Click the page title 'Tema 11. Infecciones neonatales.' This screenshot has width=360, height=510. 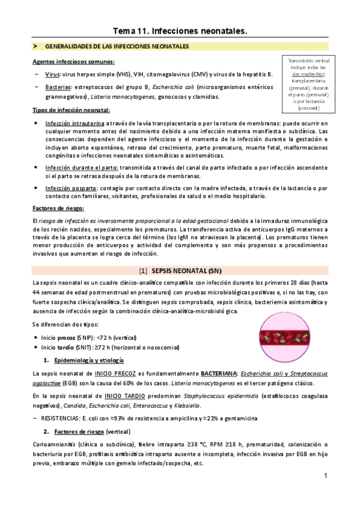[x=180, y=29]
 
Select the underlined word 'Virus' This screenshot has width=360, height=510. [x=52, y=74]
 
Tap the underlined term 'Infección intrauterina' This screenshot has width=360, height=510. [x=75, y=123]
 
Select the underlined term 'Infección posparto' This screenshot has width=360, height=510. [x=70, y=188]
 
